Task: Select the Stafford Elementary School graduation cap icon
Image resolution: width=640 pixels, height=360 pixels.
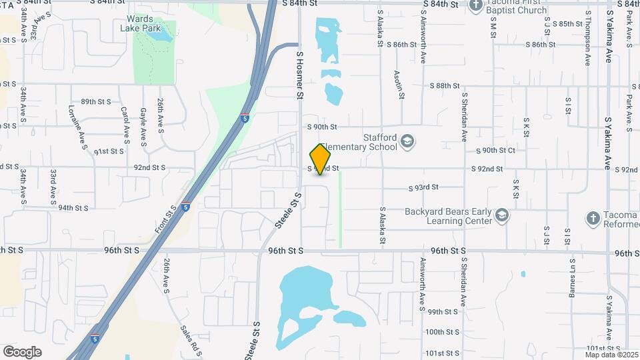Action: click(x=407, y=141)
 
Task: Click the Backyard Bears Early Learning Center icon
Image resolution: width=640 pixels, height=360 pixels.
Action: click(x=502, y=215)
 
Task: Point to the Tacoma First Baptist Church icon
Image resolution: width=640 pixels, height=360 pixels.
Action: click(x=475, y=6)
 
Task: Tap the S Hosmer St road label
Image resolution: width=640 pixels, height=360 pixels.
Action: click(x=299, y=77)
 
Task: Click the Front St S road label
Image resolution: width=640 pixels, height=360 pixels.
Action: click(x=165, y=219)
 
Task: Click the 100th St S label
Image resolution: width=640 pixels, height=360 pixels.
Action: click(x=443, y=332)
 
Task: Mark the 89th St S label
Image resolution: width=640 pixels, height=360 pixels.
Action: click(x=95, y=101)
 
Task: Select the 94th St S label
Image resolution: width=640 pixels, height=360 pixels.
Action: click(x=73, y=207)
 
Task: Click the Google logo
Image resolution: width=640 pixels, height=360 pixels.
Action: click(x=22, y=351)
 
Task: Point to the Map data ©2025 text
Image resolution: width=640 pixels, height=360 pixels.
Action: click(x=609, y=355)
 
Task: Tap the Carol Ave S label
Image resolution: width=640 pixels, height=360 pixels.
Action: click(x=124, y=125)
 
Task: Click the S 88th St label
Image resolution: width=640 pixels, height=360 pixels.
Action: click(x=445, y=86)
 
